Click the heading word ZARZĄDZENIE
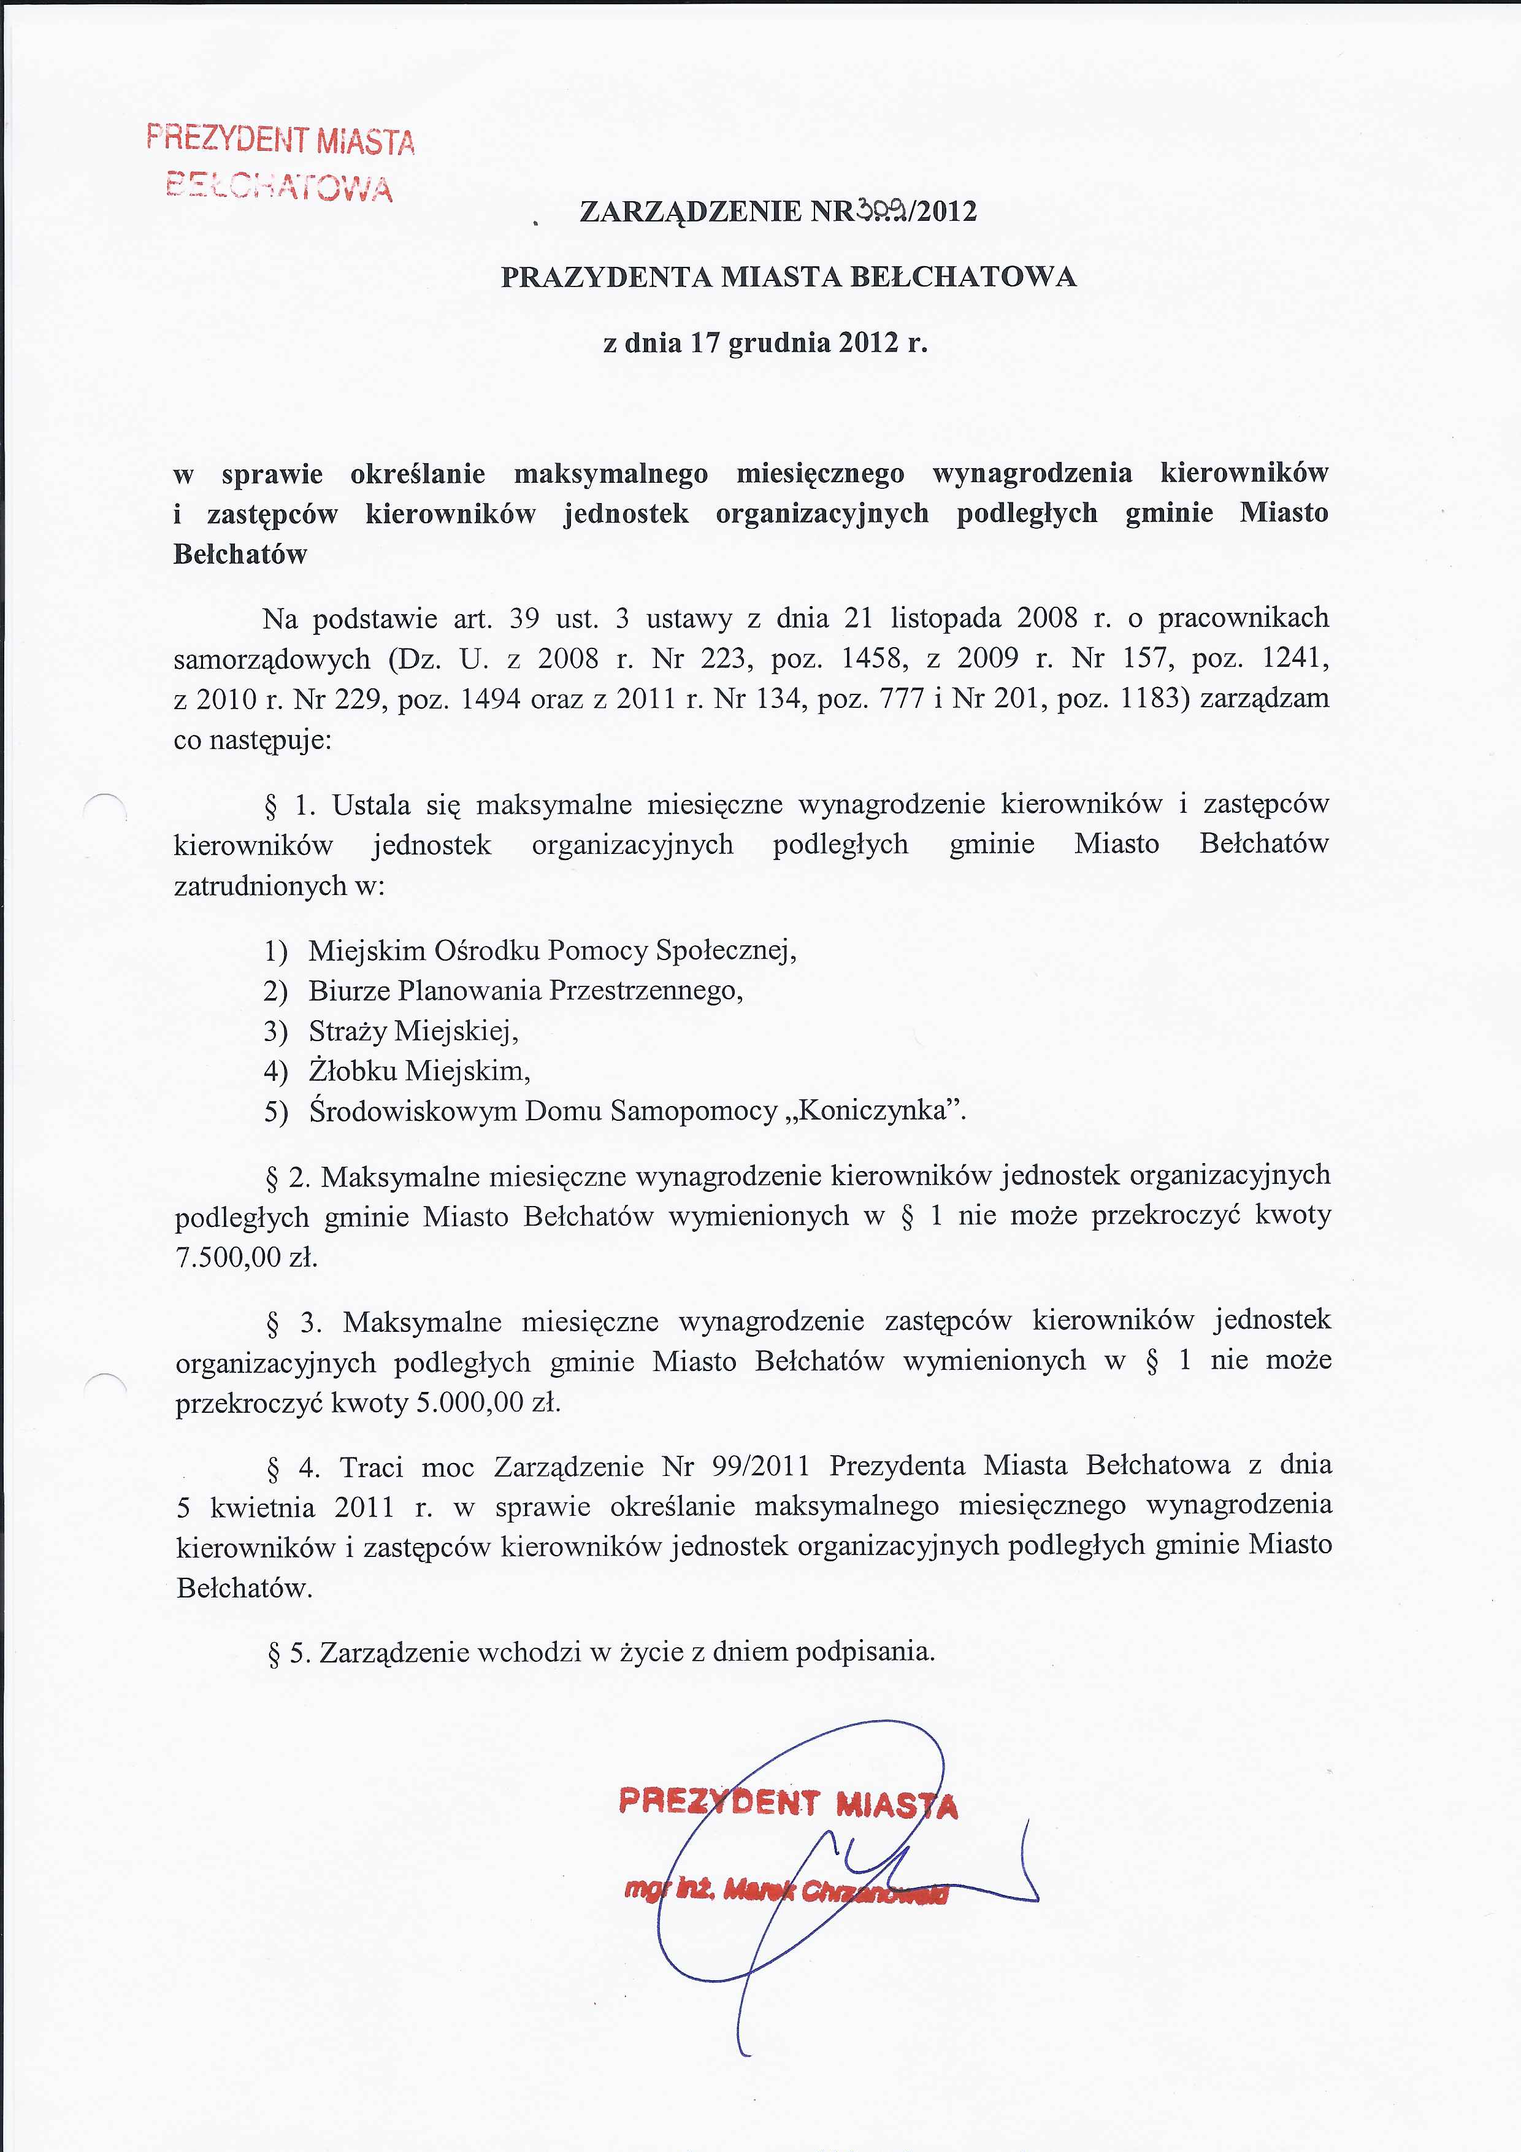point(692,212)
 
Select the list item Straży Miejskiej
point(413,1031)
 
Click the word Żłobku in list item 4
point(353,1071)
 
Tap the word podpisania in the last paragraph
point(865,1651)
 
